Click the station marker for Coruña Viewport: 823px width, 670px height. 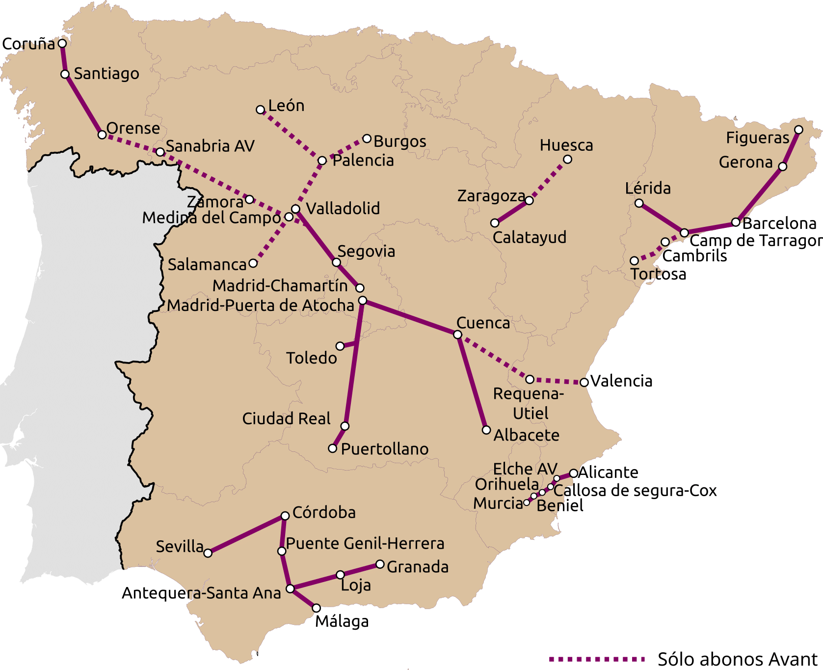coord(62,43)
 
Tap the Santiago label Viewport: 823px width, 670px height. coord(106,74)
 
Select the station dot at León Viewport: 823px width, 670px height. coord(261,110)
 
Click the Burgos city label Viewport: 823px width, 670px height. coord(400,141)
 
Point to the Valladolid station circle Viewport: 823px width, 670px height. coord(295,209)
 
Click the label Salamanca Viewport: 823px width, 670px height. coord(207,265)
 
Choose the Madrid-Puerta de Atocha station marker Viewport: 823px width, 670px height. coord(363,301)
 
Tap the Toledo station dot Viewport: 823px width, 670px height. coord(340,346)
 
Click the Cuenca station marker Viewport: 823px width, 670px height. coord(457,335)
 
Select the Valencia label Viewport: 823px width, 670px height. coord(621,381)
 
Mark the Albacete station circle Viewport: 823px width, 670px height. coord(486,430)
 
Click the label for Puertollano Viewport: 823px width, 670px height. coord(385,449)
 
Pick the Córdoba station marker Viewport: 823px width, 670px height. coord(285,516)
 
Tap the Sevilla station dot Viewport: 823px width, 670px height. coord(208,553)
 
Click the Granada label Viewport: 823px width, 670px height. coord(418,567)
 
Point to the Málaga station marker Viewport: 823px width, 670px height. coord(317,608)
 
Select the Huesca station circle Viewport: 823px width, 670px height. coord(567,159)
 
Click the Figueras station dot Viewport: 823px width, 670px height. coord(798,130)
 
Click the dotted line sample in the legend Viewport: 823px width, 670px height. coord(597,659)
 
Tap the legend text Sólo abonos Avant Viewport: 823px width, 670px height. coord(738,659)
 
